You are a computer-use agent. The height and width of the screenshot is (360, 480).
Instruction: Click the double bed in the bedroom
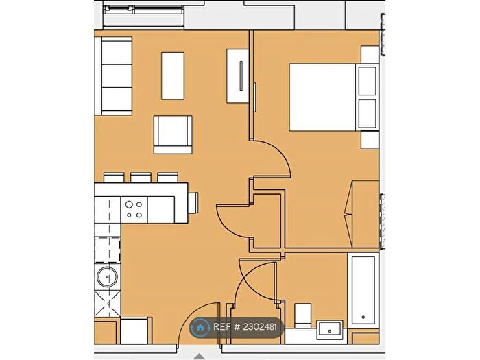coord(334,97)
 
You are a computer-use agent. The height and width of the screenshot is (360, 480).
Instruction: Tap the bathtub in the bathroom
coord(363,291)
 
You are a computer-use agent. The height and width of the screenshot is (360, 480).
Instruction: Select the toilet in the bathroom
coord(302,316)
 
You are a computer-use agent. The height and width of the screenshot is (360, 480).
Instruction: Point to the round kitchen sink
coord(107,277)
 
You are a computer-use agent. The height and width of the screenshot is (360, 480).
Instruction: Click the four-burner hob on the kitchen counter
coord(134,210)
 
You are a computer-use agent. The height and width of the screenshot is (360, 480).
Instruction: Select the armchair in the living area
coord(173,134)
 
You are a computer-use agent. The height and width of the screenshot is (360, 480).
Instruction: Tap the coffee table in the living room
coord(173,76)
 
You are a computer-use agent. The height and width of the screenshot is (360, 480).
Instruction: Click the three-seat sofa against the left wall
coord(113,76)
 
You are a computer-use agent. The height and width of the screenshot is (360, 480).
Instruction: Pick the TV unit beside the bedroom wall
coord(237,76)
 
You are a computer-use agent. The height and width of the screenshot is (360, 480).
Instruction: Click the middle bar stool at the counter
coord(141,178)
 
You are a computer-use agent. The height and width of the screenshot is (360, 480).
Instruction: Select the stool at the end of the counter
coord(193,203)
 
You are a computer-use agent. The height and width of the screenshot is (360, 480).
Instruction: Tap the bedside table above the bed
coord(370,55)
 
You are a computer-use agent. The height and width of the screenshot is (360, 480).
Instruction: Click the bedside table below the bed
coord(370,140)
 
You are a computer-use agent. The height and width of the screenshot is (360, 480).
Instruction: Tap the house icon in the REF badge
coord(200,327)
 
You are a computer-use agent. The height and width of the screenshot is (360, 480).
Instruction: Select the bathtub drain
coord(363,317)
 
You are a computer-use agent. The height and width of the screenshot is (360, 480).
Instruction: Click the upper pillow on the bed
coord(367,81)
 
